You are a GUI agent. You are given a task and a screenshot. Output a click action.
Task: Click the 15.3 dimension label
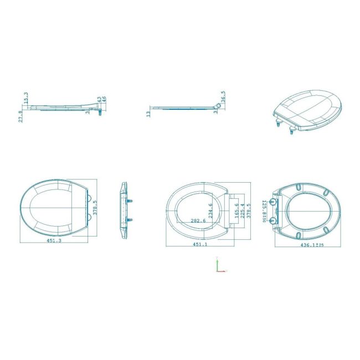click(26, 98)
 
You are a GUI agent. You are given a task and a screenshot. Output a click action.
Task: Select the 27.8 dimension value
click(21, 116)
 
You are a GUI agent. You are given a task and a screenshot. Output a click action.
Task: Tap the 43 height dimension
click(99, 100)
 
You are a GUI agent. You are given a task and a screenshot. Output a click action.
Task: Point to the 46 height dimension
click(104, 100)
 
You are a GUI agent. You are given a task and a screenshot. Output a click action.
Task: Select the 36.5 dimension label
click(223, 96)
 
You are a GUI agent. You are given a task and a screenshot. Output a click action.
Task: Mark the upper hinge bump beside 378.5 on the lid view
click(88, 197)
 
